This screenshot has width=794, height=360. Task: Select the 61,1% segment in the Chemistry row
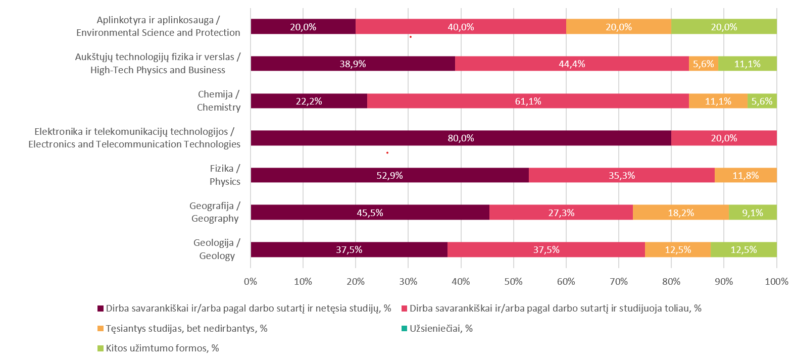tap(528, 101)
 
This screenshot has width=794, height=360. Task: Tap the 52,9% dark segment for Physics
tap(389, 175)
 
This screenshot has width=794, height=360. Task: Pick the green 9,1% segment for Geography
tap(753, 213)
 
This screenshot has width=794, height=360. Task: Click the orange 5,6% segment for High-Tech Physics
tap(703, 64)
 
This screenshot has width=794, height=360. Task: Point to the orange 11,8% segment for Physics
tap(746, 175)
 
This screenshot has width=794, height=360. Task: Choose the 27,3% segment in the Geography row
tap(561, 213)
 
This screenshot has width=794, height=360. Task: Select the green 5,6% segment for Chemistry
tap(762, 101)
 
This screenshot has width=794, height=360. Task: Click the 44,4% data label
tap(572, 64)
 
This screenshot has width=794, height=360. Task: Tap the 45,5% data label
tap(370, 213)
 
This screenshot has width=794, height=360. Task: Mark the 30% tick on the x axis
tap(408, 282)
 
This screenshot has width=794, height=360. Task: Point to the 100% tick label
tap(776, 282)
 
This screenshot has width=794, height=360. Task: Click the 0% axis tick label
tap(251, 282)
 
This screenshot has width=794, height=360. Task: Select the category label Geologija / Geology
tap(217, 249)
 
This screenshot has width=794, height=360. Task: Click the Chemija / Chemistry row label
tap(219, 101)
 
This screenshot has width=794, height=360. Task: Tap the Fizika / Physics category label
tap(225, 175)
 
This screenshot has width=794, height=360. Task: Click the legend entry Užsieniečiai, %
tap(441, 329)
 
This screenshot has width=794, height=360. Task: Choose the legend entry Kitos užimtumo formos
tap(162, 348)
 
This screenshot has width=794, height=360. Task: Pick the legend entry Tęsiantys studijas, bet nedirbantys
tap(186, 329)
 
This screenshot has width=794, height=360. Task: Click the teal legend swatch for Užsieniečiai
tap(404, 329)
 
